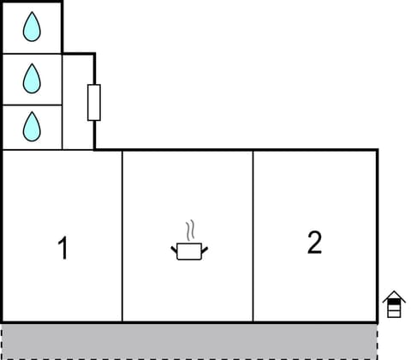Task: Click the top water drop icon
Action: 32,27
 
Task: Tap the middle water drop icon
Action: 32,79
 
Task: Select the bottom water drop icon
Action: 32,127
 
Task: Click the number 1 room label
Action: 62,249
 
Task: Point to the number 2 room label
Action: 314,243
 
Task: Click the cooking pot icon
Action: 190,250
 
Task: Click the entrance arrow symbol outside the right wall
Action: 393,304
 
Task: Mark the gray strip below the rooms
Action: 188,340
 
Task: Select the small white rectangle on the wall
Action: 94,102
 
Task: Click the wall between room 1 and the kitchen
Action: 122,236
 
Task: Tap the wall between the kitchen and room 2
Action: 253,236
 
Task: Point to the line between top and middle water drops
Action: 32,53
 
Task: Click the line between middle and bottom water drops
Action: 32,105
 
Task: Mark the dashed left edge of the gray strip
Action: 2,340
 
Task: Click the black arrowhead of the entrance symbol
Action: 393,297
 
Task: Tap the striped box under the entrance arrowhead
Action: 393,310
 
